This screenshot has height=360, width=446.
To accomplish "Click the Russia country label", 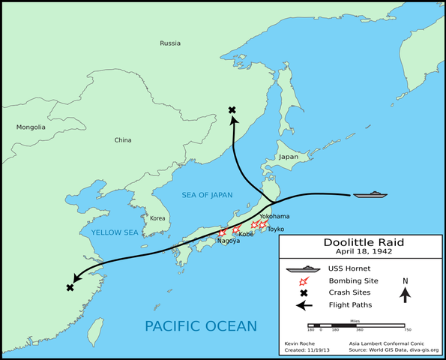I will pyautogui.click(x=170, y=43).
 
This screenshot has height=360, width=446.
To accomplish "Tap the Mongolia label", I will pyautogui.click(x=31, y=127).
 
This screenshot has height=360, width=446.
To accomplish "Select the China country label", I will pyautogui.click(x=122, y=140).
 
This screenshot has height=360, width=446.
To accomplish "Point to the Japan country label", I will pyautogui.click(x=289, y=157).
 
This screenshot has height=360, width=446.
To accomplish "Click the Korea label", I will pyautogui.click(x=157, y=218).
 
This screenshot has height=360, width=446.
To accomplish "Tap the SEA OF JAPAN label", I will pyautogui.click(x=207, y=195).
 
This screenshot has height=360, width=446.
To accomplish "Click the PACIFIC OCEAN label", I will pyautogui.click(x=201, y=325).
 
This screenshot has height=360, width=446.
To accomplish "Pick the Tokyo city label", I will pyautogui.click(x=276, y=228).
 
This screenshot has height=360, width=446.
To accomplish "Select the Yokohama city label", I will pyautogui.click(x=274, y=215).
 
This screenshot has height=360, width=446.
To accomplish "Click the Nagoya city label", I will pyautogui.click(x=229, y=241).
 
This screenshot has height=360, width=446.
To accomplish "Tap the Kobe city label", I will pyautogui.click(x=246, y=233).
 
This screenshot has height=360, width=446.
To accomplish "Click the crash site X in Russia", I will pyautogui.click(x=232, y=110).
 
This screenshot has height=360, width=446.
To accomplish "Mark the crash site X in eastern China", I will pyautogui.click(x=70, y=288).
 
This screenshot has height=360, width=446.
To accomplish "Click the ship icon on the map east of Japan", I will pyautogui.click(x=370, y=195).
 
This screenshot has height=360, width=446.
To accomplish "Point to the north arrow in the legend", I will pyautogui.click(x=405, y=295).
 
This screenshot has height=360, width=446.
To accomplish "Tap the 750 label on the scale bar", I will pyautogui.click(x=407, y=329).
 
